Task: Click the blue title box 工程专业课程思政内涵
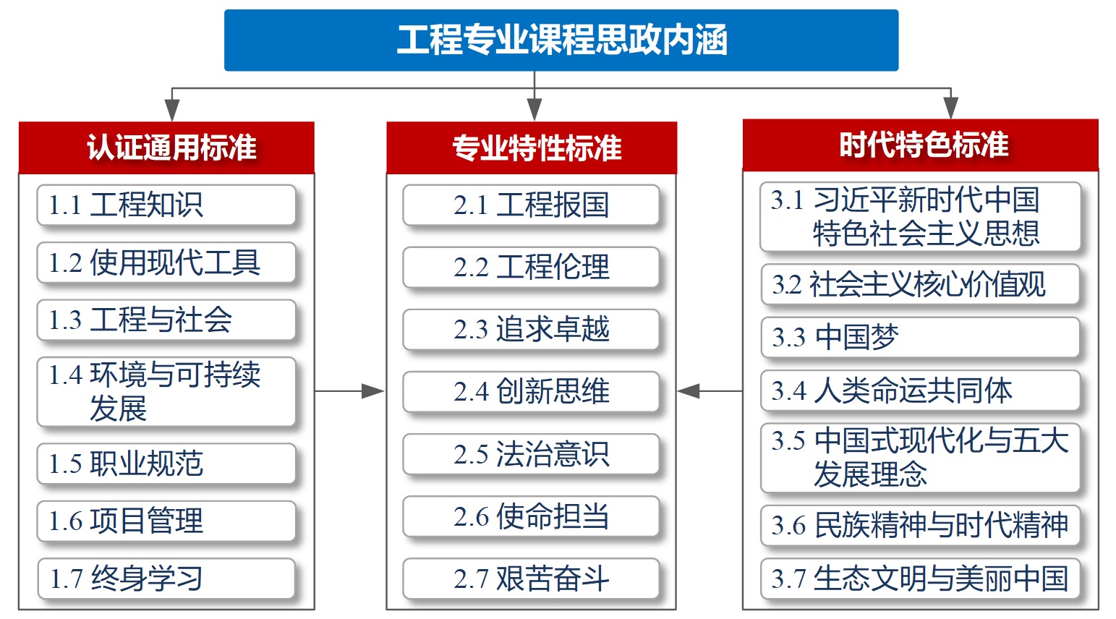(561, 40)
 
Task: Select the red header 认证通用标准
(166, 148)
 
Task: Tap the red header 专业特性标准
(532, 148)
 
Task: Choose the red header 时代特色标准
(920, 145)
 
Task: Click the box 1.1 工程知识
(166, 205)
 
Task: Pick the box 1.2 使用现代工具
(166, 262)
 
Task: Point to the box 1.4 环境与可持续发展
(166, 391)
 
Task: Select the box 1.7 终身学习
(166, 579)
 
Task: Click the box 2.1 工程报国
(531, 205)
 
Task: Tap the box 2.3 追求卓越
(531, 329)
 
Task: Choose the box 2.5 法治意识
(531, 453)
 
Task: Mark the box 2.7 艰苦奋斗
(531, 579)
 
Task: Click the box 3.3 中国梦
(920, 337)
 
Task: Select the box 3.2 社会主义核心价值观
(920, 284)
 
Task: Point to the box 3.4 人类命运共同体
(920, 390)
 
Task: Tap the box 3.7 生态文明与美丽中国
(920, 579)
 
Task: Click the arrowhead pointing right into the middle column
(373, 391)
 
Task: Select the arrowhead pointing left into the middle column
(689, 391)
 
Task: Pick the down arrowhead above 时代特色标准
(950, 108)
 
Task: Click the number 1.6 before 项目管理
(65, 521)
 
